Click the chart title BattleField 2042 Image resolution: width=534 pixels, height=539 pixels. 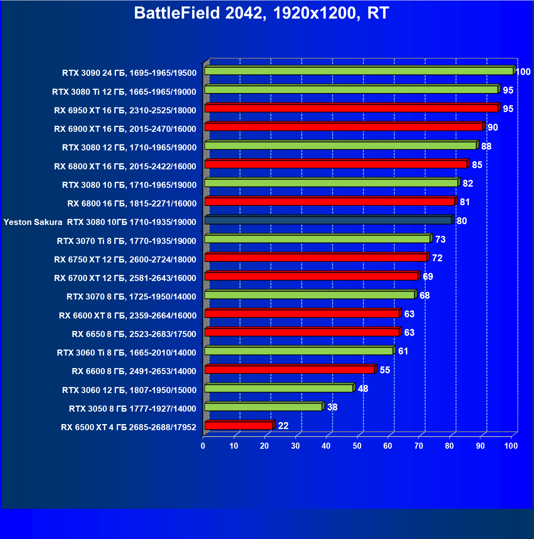[261, 13]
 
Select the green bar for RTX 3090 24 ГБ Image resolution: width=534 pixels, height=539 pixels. [359, 71]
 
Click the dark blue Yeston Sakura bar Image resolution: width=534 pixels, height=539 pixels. [328, 221]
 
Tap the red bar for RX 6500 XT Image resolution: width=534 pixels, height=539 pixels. [239, 426]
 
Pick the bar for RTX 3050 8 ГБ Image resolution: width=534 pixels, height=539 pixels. [263, 407]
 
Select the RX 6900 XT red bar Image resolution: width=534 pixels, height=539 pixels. [343, 127]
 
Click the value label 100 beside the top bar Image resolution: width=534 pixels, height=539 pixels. [523, 72]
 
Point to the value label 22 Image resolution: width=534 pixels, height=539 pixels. [283, 426]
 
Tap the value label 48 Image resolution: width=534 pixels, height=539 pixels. [363, 389]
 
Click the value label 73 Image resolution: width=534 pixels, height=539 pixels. [440, 239]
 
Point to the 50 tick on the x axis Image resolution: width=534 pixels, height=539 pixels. [357, 446]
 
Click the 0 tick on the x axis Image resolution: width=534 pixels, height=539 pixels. [203, 446]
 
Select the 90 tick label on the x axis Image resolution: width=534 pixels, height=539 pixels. [480, 446]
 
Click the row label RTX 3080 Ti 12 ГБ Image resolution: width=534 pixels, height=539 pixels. [124, 92]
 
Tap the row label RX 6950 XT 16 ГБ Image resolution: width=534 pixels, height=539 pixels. [125, 110]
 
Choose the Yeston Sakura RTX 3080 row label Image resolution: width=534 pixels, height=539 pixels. [100, 222]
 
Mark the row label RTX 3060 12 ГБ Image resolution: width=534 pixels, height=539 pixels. [129, 390]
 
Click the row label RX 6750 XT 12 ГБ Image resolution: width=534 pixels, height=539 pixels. [125, 260]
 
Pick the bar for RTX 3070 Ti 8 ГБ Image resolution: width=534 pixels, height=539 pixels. [317, 239]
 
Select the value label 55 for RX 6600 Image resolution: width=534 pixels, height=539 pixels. [385, 370]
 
